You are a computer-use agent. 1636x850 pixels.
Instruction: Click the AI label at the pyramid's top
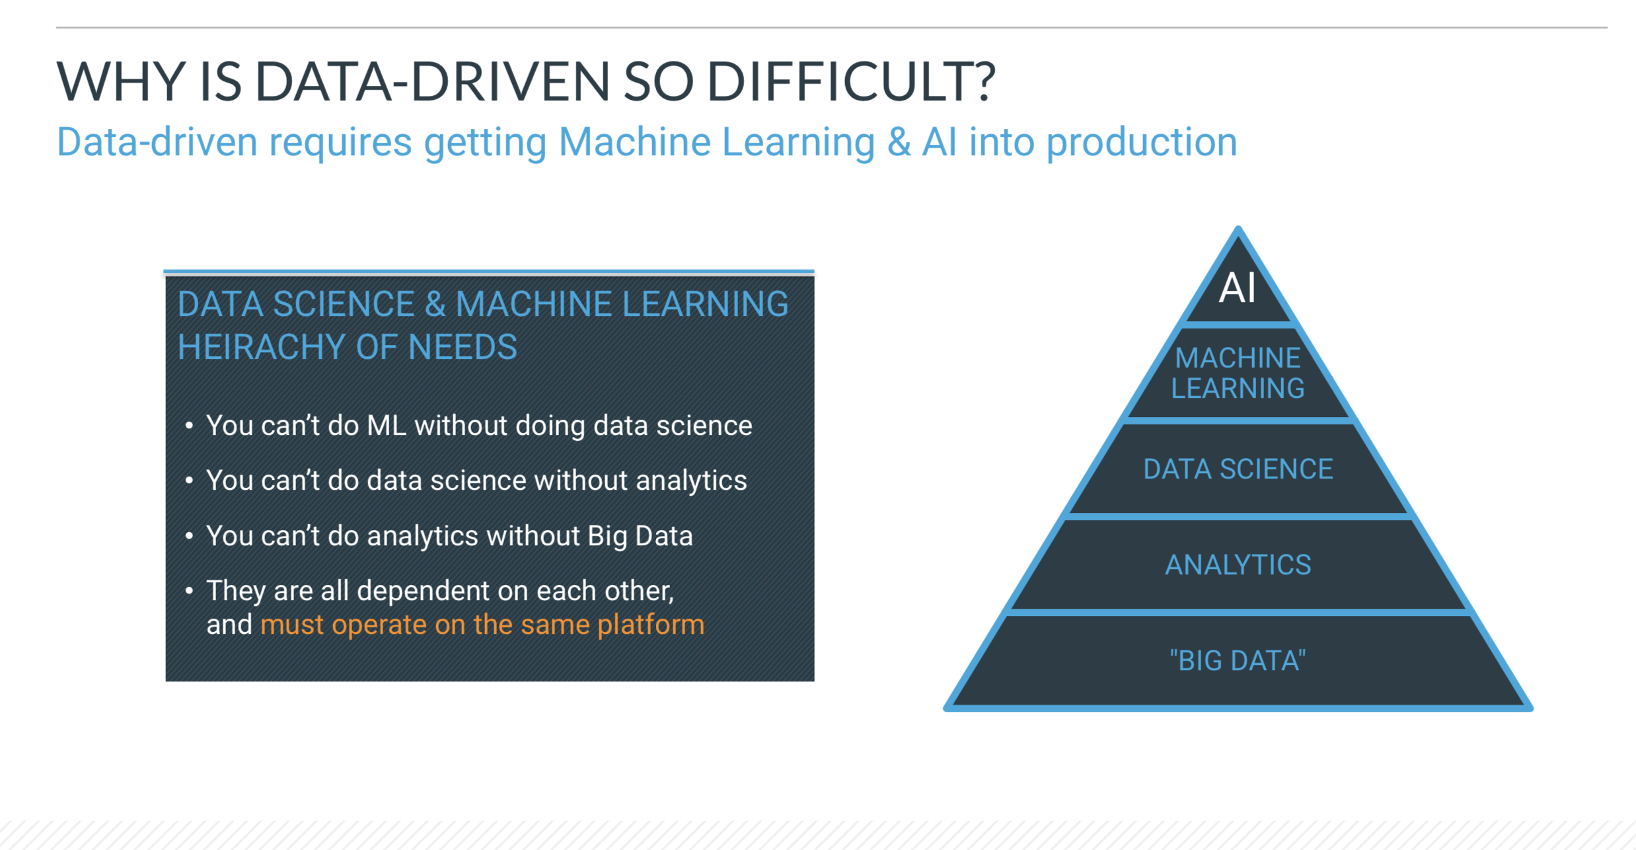point(1237,288)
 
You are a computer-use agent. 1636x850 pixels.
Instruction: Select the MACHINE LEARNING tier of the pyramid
point(1238,373)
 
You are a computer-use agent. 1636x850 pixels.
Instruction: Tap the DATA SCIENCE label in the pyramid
point(1238,469)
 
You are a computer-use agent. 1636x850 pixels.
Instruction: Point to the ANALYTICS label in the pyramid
point(1238,565)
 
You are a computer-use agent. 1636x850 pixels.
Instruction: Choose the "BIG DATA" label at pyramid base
point(1238,661)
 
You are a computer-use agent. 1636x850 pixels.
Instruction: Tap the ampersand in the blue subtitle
point(899,142)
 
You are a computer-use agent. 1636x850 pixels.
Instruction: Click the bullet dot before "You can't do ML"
point(189,426)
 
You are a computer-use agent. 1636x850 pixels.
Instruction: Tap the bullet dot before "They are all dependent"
point(189,590)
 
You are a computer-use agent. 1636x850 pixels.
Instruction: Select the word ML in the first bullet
point(387,426)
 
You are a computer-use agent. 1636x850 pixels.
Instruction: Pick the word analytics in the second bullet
point(691,481)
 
